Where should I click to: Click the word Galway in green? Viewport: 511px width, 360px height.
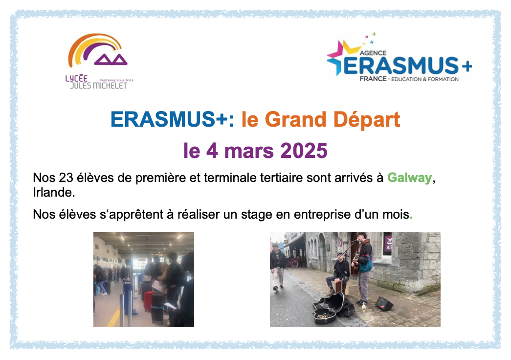(409, 178)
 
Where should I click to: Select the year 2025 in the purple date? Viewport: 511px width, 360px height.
(304, 151)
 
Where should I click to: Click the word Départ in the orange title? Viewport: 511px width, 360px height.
(367, 120)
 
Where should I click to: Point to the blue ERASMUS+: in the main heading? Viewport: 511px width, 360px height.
(173, 119)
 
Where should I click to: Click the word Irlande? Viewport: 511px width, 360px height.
(54, 193)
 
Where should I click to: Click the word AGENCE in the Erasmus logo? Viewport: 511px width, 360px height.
(373, 53)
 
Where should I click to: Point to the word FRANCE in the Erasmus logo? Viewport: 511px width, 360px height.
(373, 79)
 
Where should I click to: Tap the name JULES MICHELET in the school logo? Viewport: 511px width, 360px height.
(98, 86)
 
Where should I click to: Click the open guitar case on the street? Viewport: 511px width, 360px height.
(333, 308)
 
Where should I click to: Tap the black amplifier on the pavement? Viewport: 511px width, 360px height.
(383, 304)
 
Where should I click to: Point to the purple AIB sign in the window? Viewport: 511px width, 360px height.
(388, 243)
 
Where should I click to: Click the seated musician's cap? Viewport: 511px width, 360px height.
(340, 254)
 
